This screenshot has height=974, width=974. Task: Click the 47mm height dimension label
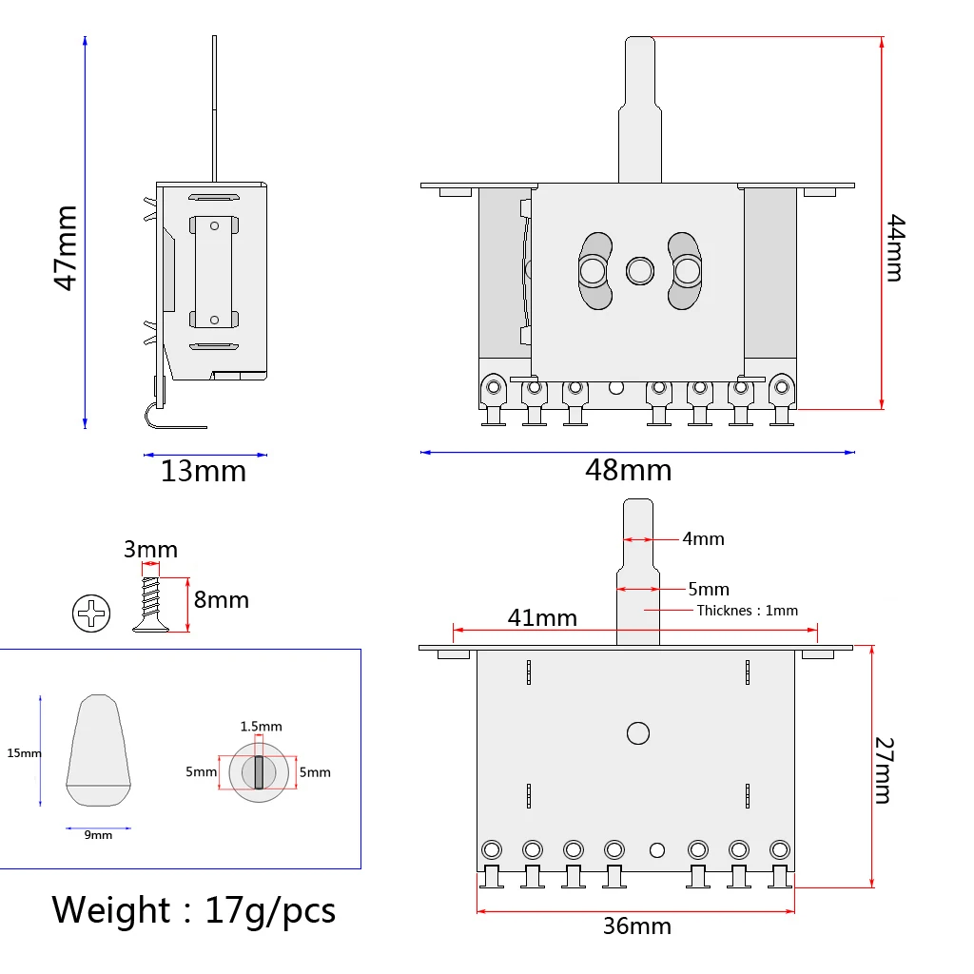66,248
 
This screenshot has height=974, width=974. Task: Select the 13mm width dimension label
204,471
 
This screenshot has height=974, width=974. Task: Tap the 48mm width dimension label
629,470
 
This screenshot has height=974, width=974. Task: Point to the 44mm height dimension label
895,248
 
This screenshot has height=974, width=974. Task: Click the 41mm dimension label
542,617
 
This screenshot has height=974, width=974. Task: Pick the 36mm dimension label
637,925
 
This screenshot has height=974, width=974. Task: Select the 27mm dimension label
884,770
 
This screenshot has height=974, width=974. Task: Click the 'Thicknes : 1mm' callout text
747,611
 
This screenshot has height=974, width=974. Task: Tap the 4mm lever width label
703,538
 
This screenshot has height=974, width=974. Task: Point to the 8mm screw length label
221,600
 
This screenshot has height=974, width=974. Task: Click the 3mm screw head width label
150,550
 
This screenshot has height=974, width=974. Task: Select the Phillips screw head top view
91,614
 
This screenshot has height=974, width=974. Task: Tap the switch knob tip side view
99,750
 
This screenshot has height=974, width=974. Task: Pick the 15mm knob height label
25,752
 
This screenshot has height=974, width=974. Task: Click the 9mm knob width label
98,835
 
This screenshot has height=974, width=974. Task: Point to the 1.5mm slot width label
261,726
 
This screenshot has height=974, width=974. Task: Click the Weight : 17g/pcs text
194,910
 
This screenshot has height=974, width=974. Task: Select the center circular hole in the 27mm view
637,733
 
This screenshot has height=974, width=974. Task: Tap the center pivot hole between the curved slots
638,272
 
